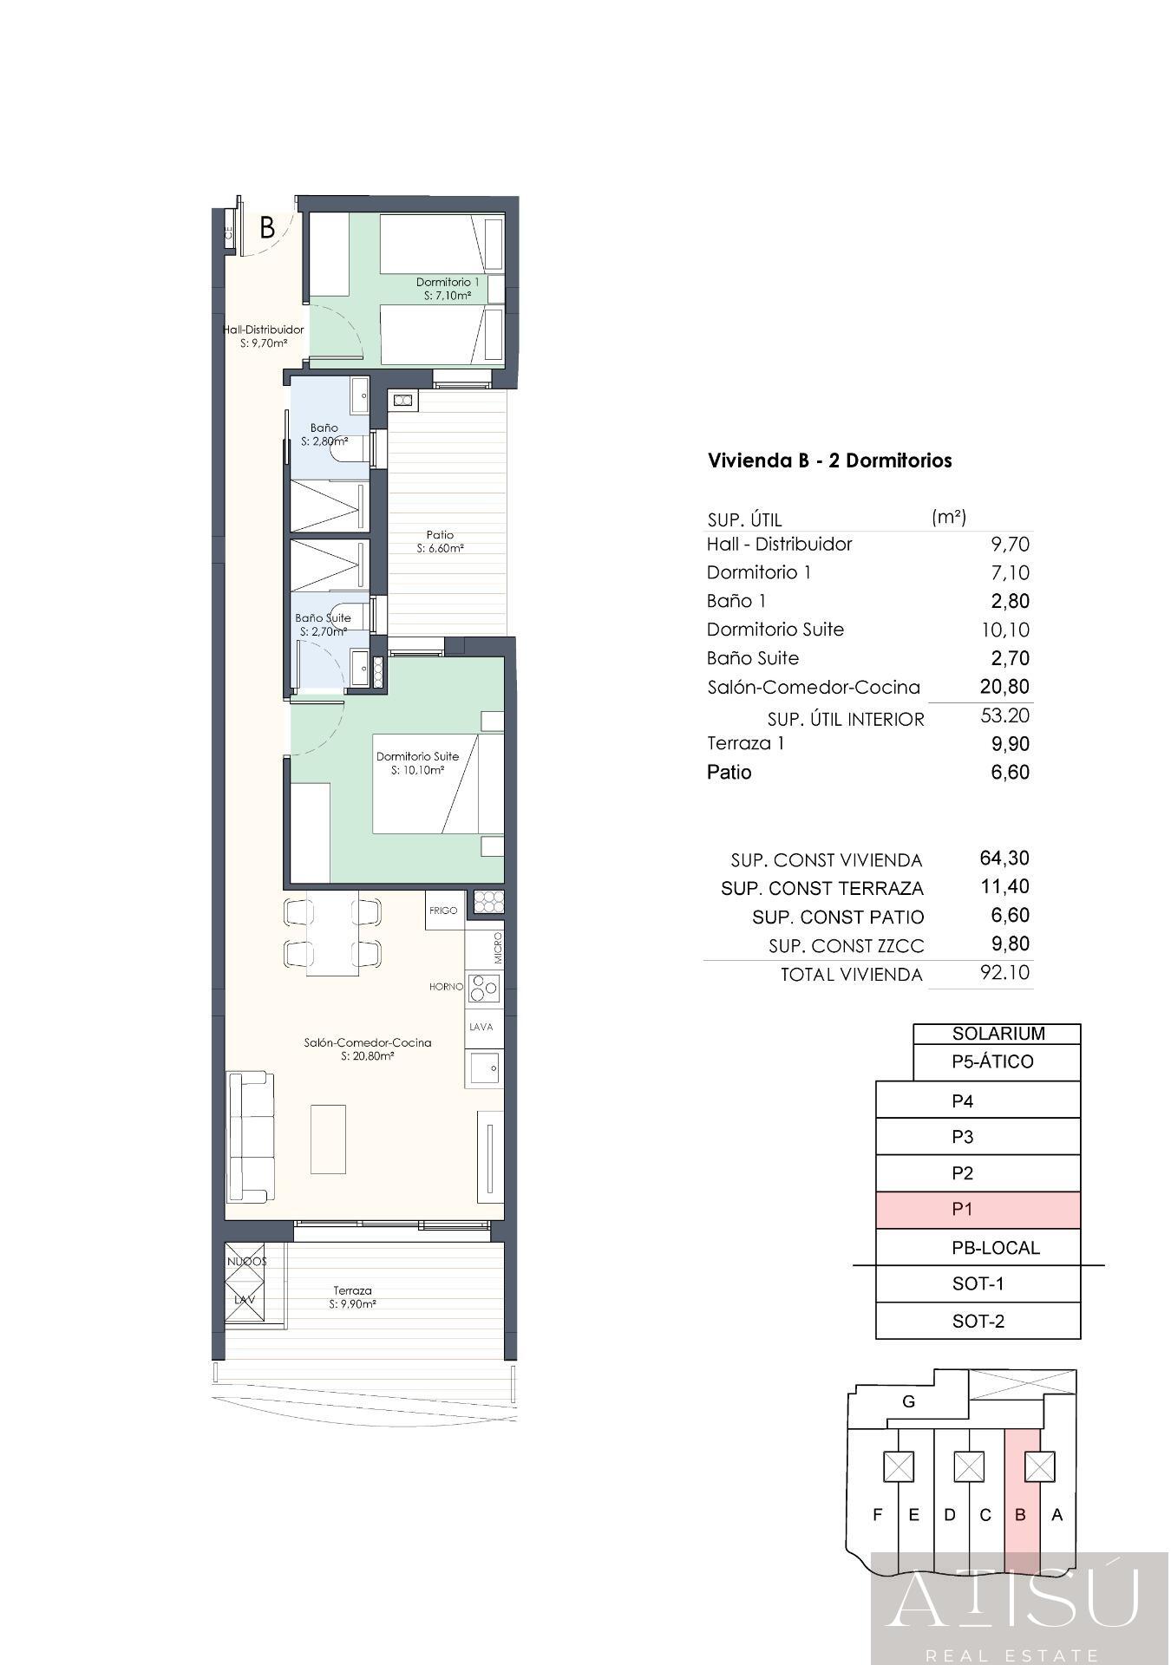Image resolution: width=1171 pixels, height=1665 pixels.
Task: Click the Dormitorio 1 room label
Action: pos(447,288)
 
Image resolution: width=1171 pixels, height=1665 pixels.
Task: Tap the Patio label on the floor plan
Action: pos(440,541)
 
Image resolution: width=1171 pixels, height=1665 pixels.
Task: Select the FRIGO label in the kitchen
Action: pos(443,911)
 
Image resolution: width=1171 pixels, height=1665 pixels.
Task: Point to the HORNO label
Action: pos(446,987)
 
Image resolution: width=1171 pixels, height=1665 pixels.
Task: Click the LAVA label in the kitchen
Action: pos(481,1027)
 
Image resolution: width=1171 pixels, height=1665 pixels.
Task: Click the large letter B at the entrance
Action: pos(267,228)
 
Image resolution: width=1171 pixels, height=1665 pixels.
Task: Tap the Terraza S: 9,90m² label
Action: pos(352,1296)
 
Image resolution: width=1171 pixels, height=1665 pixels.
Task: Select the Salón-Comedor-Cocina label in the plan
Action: pos(368,1048)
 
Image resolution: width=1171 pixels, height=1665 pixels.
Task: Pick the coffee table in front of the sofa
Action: pos(328,1139)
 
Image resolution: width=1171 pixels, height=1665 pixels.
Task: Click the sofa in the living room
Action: pos(249,1137)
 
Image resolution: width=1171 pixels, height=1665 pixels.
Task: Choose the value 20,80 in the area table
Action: pos(1004,687)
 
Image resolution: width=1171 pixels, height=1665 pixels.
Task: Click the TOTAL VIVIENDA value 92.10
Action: pos(1004,972)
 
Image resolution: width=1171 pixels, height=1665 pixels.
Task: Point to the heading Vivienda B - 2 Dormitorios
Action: pos(830,460)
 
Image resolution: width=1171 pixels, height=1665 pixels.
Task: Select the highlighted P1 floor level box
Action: pos(978,1210)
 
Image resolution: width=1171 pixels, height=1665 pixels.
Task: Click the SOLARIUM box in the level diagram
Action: pos(997,1034)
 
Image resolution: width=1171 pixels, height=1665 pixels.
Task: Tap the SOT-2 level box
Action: pos(978,1322)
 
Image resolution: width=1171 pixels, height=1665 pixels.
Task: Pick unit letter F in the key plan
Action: pos(878,1515)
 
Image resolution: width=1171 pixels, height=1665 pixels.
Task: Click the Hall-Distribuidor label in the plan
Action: pos(263,336)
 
